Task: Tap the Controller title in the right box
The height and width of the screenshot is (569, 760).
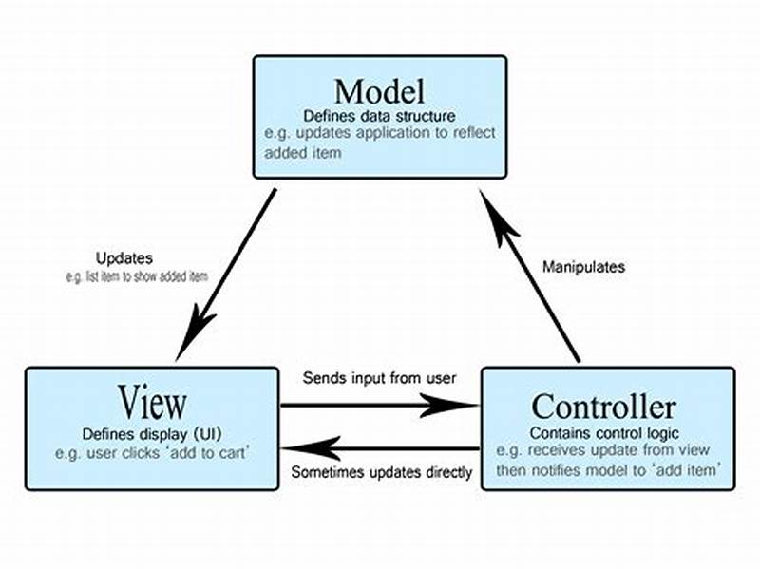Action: click(603, 407)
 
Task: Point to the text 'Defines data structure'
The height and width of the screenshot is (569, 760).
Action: click(379, 116)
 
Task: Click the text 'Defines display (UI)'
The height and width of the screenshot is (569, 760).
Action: click(151, 433)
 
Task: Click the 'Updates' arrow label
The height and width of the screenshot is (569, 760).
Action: click(123, 257)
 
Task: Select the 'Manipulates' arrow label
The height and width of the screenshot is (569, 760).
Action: click(583, 267)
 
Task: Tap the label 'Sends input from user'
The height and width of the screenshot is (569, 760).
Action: click(380, 377)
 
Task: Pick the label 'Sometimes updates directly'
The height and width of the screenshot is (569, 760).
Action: click(382, 471)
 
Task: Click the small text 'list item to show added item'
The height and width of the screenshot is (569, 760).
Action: click(136, 275)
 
